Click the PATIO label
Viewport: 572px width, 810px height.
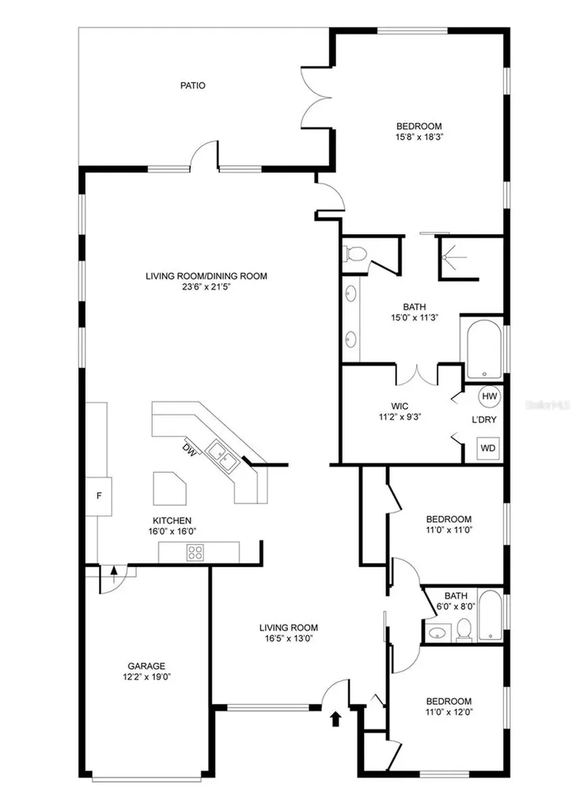(x=192, y=85)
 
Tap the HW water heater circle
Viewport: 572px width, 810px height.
(x=489, y=396)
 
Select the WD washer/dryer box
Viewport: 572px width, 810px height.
(x=488, y=448)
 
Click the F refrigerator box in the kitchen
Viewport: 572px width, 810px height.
(x=99, y=496)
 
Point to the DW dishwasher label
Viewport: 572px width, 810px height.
(x=190, y=450)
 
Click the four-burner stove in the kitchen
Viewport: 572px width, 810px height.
(x=195, y=552)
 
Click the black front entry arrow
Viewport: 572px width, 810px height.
(x=336, y=718)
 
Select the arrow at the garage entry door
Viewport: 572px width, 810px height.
(x=114, y=574)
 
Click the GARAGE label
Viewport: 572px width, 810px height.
(x=146, y=666)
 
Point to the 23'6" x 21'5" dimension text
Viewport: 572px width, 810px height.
(x=206, y=286)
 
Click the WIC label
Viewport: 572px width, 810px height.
(x=400, y=407)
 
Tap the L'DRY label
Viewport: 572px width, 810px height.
(x=483, y=419)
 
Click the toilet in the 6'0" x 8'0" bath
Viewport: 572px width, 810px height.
(x=464, y=629)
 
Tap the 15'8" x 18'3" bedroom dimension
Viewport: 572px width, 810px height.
(x=419, y=137)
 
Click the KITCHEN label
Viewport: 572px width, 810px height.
(x=172, y=520)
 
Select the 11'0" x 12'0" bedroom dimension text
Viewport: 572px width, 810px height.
(x=449, y=712)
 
